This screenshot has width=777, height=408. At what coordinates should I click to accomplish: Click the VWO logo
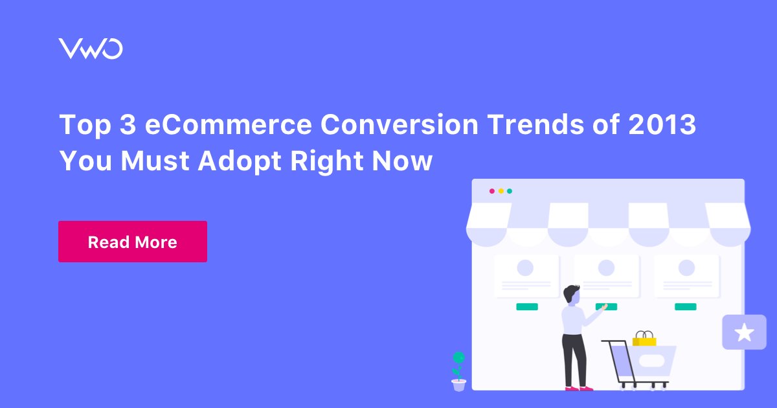coord(90,49)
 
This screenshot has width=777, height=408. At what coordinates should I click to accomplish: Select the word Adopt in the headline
coord(235,160)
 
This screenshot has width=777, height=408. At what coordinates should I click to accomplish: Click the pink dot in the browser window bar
coord(491,191)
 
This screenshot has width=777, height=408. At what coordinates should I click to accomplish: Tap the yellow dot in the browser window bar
coord(501,191)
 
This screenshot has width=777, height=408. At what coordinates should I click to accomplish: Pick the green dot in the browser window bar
coord(510,191)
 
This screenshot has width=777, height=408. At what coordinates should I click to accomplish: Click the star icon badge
coord(744,333)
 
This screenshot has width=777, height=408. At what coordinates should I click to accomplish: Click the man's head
coord(571,295)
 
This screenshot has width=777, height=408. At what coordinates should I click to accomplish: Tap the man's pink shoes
coord(578,388)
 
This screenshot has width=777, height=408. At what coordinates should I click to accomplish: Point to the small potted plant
coord(458,372)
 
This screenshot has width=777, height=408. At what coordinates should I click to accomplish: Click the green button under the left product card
coord(526,306)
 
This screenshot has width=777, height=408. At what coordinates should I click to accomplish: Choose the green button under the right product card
coord(686,306)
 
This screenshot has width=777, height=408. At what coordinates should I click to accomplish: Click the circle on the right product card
coord(686,267)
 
